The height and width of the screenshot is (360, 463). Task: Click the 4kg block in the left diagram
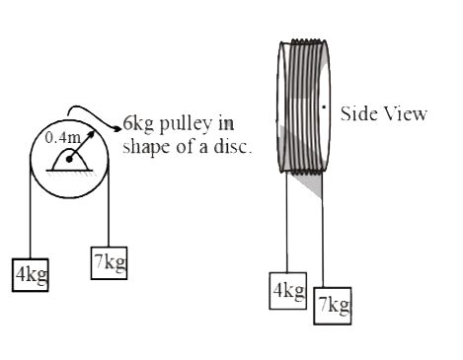(30, 272)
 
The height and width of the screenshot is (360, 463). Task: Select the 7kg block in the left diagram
(108, 262)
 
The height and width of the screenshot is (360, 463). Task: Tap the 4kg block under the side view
(287, 291)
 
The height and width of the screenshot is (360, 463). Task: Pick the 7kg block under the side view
(332, 305)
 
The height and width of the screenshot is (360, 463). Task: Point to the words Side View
(383, 113)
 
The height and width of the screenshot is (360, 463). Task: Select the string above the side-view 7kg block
(324, 237)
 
